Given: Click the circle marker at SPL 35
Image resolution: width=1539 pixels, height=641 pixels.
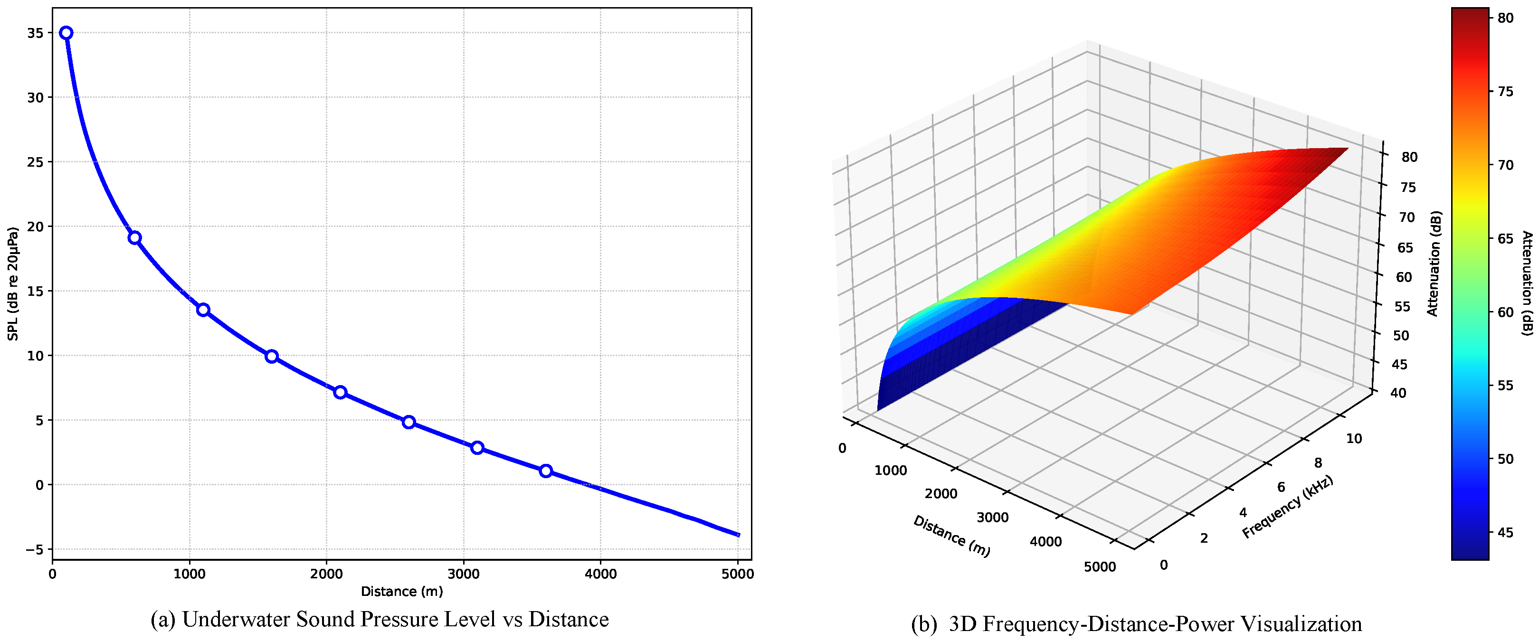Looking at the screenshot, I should pos(66,33).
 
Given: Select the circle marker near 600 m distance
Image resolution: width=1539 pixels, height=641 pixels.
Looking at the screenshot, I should pos(135,238).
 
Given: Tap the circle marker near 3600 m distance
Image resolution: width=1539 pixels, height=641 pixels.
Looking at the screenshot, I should pos(545,471).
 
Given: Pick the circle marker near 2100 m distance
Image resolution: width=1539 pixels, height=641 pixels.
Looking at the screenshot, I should pos(340,393).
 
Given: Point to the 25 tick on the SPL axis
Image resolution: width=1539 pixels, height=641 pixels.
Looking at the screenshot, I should pos(35,162).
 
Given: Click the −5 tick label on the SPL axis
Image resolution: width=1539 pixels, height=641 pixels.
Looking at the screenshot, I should pos(35,550).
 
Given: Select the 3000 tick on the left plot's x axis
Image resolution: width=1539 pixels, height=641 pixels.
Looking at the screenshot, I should pos(463,574).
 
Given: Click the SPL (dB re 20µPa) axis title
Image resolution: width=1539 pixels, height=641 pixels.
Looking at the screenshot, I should pos(13,284).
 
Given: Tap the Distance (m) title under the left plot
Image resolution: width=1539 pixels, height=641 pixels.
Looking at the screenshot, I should pos(401,592).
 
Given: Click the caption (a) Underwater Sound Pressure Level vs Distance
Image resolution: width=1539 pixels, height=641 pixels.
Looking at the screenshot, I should pos(380,620).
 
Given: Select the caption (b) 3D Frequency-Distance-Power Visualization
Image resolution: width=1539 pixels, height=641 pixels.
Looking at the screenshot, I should pos(1136,624).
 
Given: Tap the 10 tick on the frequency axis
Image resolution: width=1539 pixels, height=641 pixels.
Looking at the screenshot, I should pos(1354,438).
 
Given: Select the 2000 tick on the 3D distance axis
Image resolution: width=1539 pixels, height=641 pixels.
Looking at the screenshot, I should pos(940,493).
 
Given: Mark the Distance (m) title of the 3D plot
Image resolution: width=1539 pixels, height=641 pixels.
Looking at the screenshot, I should pos(951,537).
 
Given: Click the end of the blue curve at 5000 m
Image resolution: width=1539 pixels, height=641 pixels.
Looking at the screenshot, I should pos(739,535).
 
